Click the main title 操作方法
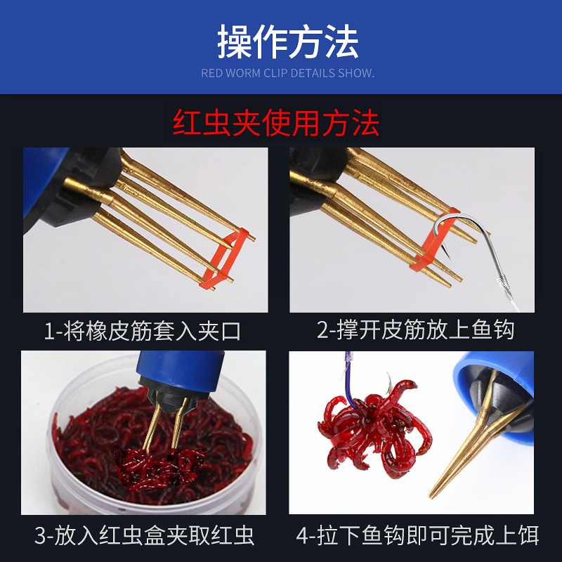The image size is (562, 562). pyautogui.click(x=287, y=42)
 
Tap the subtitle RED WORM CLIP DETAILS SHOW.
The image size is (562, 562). pyautogui.click(x=287, y=73)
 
